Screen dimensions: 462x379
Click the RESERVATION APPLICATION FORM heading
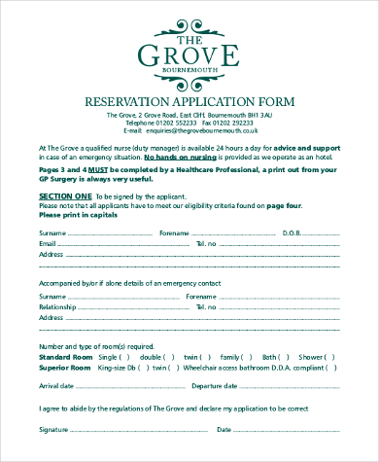[189, 101]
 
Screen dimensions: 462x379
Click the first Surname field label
[52, 233]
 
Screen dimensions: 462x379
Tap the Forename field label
[174, 233]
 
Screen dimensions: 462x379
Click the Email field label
[48, 243]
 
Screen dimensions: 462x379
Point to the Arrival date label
[56, 386]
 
